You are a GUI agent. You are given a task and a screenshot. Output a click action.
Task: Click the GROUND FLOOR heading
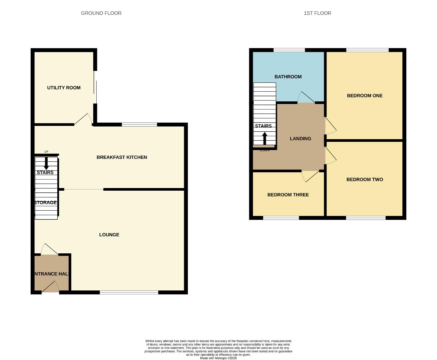point(101,13)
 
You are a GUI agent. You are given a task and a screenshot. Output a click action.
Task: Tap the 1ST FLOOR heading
point(317,13)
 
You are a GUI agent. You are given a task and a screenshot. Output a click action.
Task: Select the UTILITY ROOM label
point(64,88)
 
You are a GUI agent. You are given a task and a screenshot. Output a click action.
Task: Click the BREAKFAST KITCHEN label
point(122,157)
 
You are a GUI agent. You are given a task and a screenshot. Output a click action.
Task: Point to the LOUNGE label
point(109,235)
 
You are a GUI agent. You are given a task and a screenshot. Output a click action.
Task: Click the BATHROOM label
point(288,77)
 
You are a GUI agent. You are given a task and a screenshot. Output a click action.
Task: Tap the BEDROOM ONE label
point(364,96)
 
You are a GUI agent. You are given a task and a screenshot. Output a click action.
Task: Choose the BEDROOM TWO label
point(364,179)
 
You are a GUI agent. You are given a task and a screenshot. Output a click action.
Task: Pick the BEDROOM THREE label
point(288,195)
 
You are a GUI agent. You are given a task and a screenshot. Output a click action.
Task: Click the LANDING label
point(300,138)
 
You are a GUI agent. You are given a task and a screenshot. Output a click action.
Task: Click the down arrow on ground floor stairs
point(46,163)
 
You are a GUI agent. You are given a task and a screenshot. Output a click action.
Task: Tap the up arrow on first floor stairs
point(265,138)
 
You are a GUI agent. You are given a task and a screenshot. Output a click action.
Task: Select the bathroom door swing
point(305,97)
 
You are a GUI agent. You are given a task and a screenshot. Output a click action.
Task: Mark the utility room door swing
point(84,119)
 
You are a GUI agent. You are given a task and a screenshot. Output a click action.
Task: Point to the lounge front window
point(129,292)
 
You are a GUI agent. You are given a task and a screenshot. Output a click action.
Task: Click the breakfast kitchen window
point(139,125)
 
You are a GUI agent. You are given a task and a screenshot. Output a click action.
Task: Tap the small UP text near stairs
point(46,152)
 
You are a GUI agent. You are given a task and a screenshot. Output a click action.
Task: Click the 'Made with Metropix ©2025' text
point(218,358)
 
